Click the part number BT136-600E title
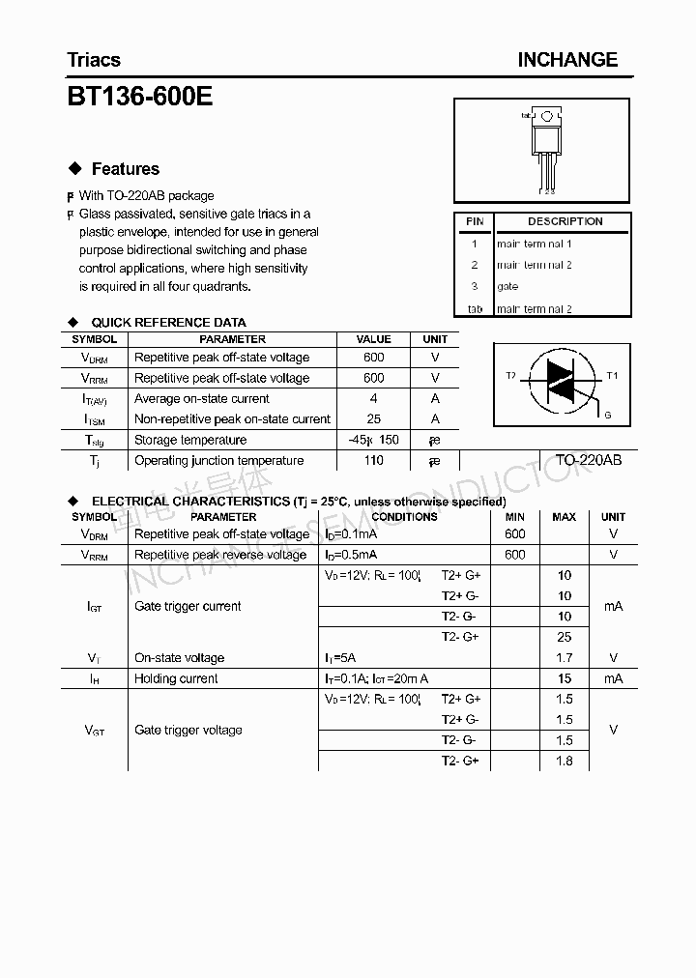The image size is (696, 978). click(139, 98)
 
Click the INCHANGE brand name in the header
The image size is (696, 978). click(566, 60)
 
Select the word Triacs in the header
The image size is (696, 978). click(94, 60)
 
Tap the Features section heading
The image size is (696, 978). click(125, 169)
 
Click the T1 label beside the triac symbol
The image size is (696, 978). click(612, 375)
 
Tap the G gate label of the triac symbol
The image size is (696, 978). click(607, 415)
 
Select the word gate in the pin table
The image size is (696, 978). click(507, 287)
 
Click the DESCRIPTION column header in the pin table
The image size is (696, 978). click(565, 221)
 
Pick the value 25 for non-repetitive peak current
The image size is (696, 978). click(374, 419)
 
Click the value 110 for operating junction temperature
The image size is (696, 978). click(374, 461)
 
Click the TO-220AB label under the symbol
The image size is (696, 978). click(588, 460)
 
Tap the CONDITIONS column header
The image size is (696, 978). click(404, 517)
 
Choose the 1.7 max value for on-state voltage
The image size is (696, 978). click(565, 658)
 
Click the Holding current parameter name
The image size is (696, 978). click(176, 679)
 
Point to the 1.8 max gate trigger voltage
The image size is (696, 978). click(565, 762)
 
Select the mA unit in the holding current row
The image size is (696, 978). click(613, 679)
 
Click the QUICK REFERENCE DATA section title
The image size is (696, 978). click(168, 322)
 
